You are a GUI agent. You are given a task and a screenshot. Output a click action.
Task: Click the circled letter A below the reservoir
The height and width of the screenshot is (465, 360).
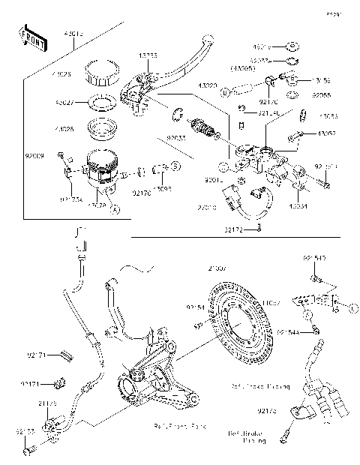[x=114, y=211]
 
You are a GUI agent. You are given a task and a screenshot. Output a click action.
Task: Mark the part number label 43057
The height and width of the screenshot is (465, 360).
[x=327, y=133]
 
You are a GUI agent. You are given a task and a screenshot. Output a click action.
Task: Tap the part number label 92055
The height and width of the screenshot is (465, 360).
[x=322, y=95]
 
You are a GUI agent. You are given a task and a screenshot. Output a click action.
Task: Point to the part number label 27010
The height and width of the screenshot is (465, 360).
[x=208, y=205]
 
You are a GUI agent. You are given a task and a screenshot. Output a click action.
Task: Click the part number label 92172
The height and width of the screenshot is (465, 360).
[x=234, y=228]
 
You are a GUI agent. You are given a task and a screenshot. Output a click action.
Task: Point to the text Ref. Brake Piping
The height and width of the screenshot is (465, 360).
[x=248, y=437]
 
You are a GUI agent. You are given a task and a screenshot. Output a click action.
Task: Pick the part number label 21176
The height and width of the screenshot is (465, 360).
[x=47, y=403]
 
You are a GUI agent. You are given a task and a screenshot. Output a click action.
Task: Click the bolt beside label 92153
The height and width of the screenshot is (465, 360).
[x=30, y=451]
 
